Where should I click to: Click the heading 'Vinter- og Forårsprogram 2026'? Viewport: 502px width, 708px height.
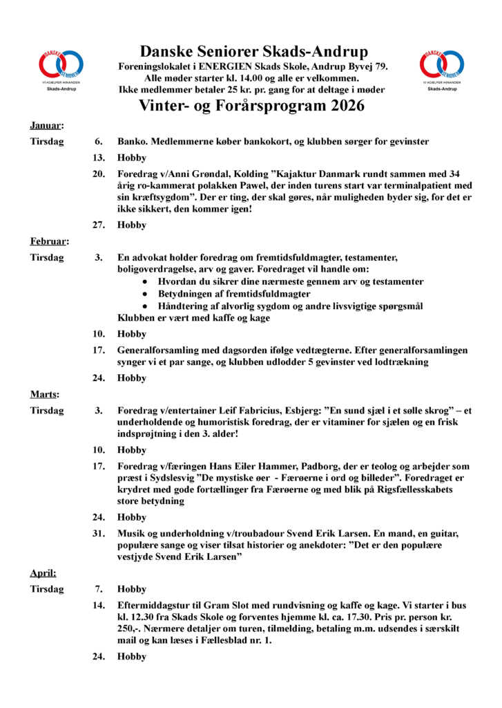(x=252, y=106)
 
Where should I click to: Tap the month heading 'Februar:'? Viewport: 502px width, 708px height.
(x=48, y=241)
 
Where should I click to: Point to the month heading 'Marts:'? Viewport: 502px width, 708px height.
(x=44, y=394)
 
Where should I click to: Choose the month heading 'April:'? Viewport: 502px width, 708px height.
(x=43, y=573)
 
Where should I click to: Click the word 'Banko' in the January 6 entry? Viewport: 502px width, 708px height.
(x=131, y=142)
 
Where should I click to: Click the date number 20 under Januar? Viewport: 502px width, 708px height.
(x=99, y=174)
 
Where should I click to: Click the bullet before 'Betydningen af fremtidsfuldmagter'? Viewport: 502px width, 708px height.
(x=144, y=294)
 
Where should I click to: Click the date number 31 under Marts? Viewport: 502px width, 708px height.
(x=99, y=534)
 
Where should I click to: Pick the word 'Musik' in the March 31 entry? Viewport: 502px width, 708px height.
(x=131, y=534)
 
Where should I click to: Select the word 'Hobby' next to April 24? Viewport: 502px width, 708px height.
(x=132, y=657)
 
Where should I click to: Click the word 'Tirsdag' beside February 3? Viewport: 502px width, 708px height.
(x=47, y=258)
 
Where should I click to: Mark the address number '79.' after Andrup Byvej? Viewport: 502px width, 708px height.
(x=380, y=67)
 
